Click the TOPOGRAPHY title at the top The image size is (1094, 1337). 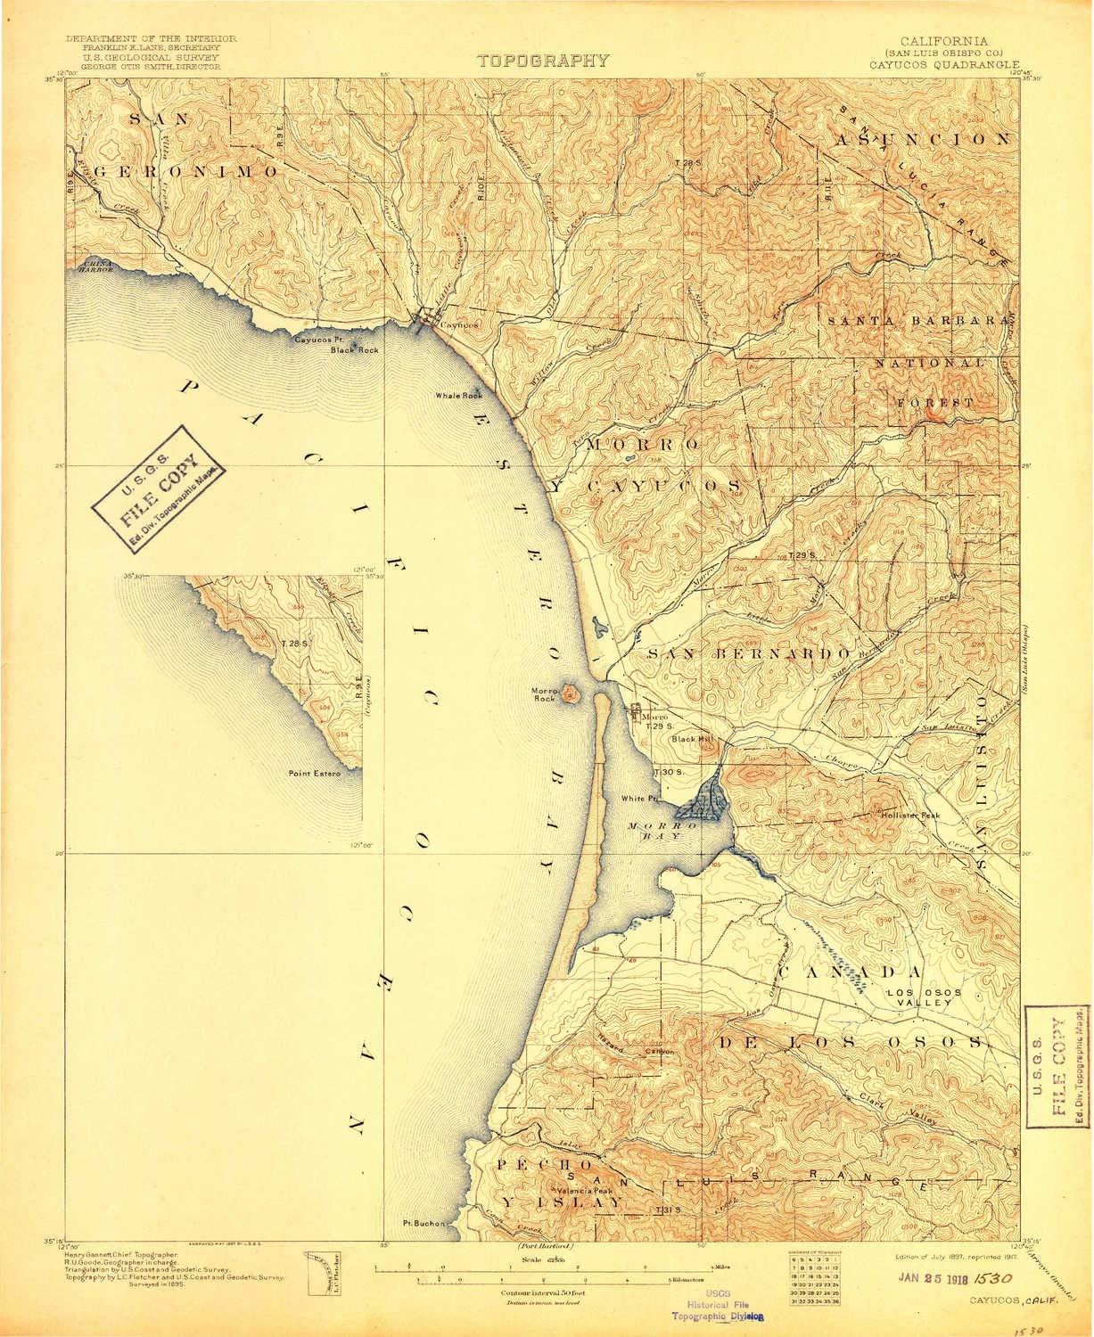click(x=543, y=62)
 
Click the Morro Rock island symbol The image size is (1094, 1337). click(x=569, y=692)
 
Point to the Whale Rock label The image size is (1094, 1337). click(x=458, y=396)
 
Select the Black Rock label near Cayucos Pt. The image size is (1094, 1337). click(x=354, y=350)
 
